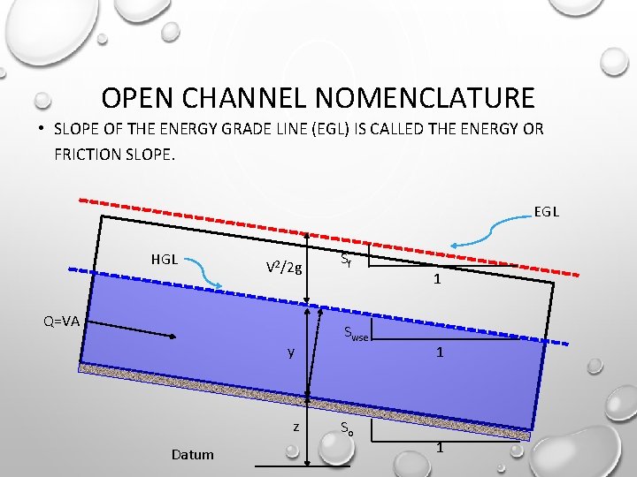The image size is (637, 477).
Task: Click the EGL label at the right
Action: pos(546,212)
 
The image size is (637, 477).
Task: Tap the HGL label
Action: pos(165,260)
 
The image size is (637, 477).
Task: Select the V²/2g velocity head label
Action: pos(285,268)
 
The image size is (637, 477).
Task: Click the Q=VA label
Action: pos(62,321)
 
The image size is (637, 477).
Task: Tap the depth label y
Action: pos(290,352)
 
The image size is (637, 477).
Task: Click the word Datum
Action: pos(193,454)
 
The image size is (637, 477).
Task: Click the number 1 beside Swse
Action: pos(438,352)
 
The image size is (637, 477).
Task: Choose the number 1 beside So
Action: pos(441,448)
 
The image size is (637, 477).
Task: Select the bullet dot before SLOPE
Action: pos(41,129)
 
